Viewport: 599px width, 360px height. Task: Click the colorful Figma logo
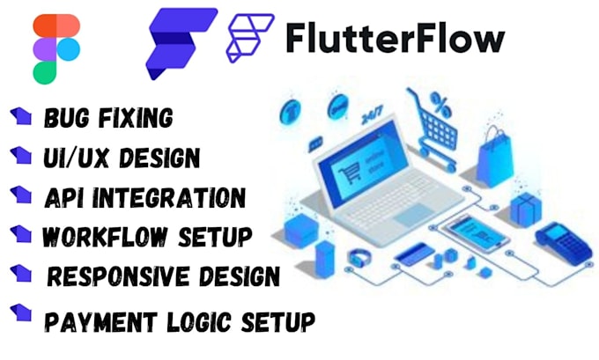tap(55, 48)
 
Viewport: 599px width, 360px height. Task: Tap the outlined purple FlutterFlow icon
tap(250, 38)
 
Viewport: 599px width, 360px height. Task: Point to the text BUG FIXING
tap(107, 117)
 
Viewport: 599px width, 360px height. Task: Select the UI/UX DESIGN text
tap(121, 158)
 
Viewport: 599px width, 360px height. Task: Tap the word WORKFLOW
tap(100, 237)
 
